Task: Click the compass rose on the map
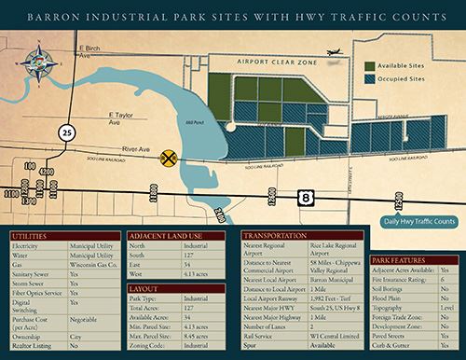click(x=41, y=62)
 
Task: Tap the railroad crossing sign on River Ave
click(x=169, y=159)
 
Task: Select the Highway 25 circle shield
click(x=65, y=132)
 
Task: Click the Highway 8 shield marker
click(x=307, y=197)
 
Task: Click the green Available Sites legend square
click(x=370, y=68)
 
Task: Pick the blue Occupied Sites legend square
click(x=370, y=81)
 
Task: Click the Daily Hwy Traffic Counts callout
click(x=417, y=222)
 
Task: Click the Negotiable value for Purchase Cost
click(x=86, y=319)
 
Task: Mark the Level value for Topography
click(x=445, y=305)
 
